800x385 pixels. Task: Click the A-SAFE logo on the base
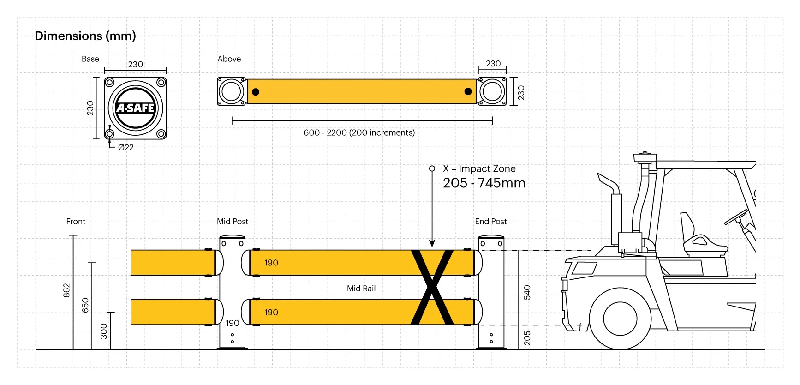pyautogui.click(x=135, y=108)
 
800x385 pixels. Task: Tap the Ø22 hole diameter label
pyautogui.click(x=125, y=147)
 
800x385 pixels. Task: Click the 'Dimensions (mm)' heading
pyautogui.click(x=85, y=36)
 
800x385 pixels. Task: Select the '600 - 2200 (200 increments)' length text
pyautogui.click(x=359, y=132)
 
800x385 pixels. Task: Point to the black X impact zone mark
pyautogui.click(x=432, y=287)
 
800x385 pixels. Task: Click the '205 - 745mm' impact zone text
pyautogui.click(x=484, y=183)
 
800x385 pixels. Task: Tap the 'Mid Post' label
pyautogui.click(x=233, y=221)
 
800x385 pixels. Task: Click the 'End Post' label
pyautogui.click(x=490, y=221)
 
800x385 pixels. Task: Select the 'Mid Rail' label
pyautogui.click(x=361, y=288)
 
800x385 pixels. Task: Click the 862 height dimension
pyautogui.click(x=66, y=290)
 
